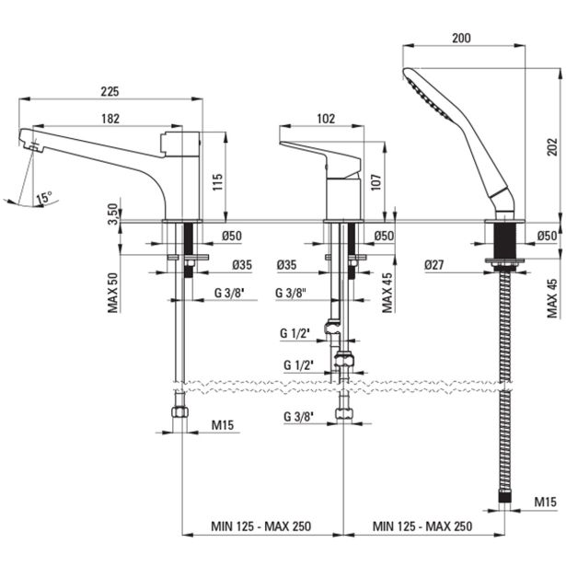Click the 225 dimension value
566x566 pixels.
(x=110, y=92)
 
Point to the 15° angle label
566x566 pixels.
(x=44, y=197)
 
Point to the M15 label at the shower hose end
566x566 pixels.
(x=545, y=502)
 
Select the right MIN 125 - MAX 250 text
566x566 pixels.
(x=423, y=526)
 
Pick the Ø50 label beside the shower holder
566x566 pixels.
(x=547, y=237)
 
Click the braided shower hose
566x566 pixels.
(x=504, y=387)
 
